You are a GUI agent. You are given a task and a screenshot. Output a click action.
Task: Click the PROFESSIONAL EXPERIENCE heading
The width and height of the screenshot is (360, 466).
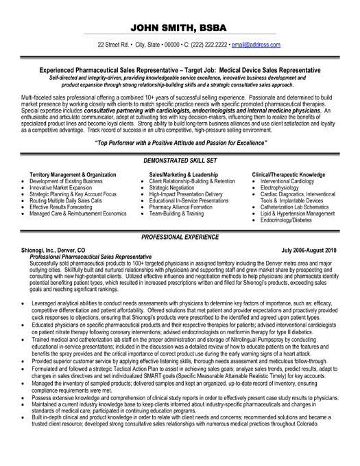tap(180, 235)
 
